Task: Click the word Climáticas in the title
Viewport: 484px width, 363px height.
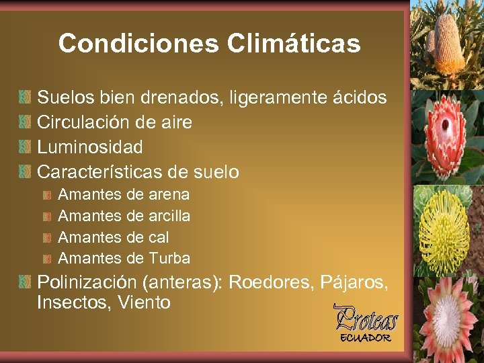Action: tap(294, 44)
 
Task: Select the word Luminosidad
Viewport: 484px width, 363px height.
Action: tap(90, 147)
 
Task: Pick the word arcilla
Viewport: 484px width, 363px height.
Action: tap(168, 216)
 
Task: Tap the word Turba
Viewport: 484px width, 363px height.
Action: tap(169, 258)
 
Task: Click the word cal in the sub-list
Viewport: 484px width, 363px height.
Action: tap(158, 237)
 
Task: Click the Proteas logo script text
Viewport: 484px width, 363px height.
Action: tap(366, 318)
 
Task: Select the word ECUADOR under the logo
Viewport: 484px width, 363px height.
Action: tap(365, 337)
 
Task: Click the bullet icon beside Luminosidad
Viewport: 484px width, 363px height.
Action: tap(25, 147)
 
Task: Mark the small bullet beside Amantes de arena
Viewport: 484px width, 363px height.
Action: tap(48, 196)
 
